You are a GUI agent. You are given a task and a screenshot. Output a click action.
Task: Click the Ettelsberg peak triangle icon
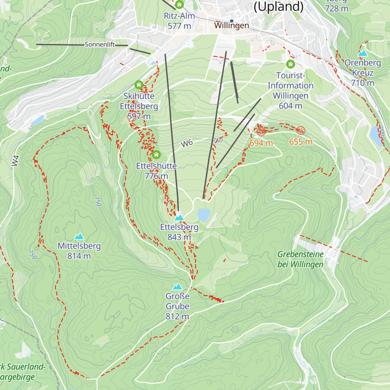tap(179, 217)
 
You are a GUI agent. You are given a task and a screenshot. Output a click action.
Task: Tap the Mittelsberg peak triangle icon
tap(79, 236)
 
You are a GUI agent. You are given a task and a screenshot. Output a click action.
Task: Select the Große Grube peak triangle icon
tap(177, 286)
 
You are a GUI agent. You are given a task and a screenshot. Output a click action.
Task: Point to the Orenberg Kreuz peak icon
tap(362, 53)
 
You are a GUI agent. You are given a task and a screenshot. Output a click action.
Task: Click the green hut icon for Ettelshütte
tap(156, 154)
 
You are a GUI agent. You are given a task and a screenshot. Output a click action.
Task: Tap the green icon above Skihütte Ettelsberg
tap(139, 85)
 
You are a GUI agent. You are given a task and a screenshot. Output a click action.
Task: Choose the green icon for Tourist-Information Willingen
tap(290, 64)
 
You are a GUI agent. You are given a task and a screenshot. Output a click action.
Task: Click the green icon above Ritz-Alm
tap(179, 5)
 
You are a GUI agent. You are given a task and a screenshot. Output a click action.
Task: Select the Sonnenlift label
tap(100, 45)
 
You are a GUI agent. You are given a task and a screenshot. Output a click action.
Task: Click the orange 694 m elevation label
tap(261, 143)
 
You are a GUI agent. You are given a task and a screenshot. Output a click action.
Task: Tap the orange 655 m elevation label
tap(301, 142)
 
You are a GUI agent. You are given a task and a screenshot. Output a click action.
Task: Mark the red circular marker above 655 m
tap(301, 131)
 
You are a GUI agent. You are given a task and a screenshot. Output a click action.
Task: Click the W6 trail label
tap(187, 143)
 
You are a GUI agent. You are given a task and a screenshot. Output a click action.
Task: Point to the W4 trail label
tap(15, 161)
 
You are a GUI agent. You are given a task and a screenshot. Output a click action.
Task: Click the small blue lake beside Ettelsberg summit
tap(204, 215)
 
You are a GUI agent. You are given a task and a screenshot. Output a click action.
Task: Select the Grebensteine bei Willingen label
tap(300, 259)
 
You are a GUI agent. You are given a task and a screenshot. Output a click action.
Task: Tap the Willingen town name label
tap(231, 25)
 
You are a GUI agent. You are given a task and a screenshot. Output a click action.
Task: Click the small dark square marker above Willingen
tap(231, 21)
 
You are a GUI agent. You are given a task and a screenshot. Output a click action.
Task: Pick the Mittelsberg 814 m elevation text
tap(79, 256)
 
